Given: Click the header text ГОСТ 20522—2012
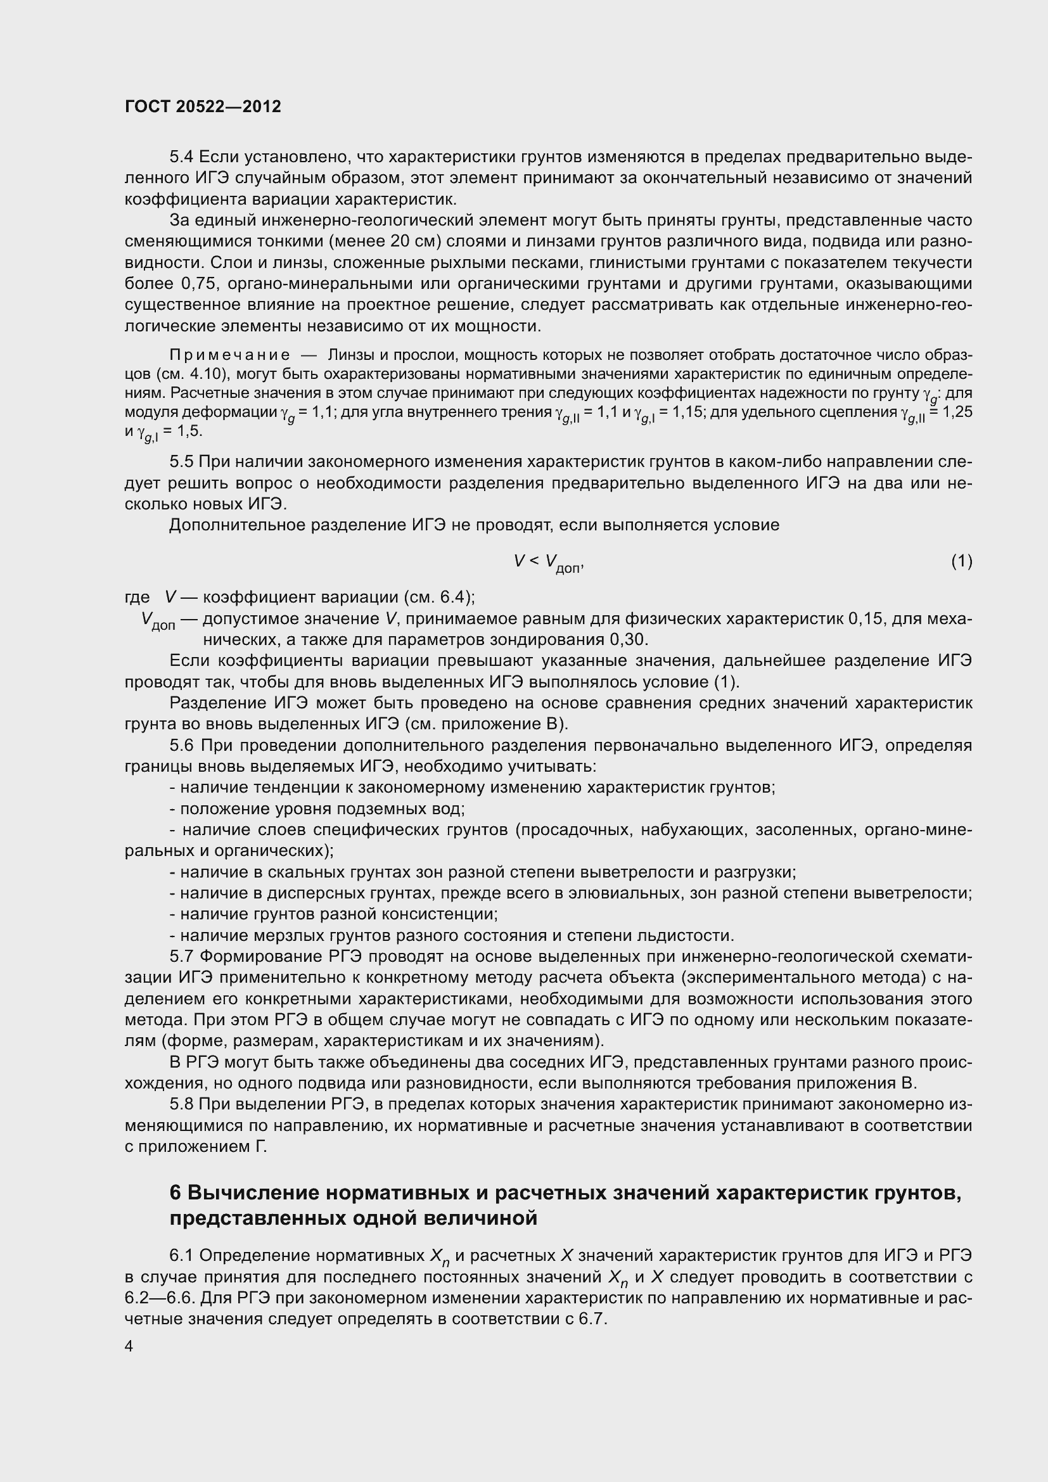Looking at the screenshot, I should (x=203, y=106).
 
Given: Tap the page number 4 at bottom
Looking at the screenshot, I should (x=129, y=1346).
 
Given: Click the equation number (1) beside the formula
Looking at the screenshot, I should (x=961, y=561).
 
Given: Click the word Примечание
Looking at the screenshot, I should (x=229, y=355).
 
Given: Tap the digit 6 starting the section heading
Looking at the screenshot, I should (x=176, y=1194).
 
